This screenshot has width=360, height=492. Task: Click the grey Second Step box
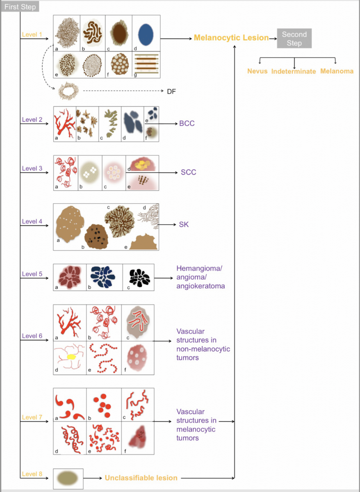click(x=294, y=38)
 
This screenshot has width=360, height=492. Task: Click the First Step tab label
click(x=20, y=7)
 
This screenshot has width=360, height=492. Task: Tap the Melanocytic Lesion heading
click(x=231, y=38)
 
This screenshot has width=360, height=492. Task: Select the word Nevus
click(x=257, y=71)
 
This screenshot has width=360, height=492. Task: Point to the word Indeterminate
click(x=294, y=71)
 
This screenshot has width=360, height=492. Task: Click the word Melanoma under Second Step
click(x=337, y=71)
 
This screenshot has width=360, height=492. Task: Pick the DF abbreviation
click(x=171, y=91)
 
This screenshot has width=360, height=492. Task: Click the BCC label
click(x=187, y=123)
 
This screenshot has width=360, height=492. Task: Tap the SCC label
click(x=189, y=172)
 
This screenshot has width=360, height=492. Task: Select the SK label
click(x=184, y=225)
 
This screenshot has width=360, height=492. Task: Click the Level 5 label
click(x=32, y=274)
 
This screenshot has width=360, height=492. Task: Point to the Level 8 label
click(x=32, y=474)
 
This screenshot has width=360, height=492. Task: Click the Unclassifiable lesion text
click(x=141, y=478)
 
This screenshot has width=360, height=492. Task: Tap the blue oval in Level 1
click(x=146, y=35)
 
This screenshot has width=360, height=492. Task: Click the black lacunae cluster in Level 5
click(x=139, y=278)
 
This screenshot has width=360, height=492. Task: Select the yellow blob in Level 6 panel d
click(x=71, y=357)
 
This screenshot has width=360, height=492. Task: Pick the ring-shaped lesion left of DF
click(x=68, y=91)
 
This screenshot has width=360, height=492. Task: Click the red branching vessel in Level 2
click(x=66, y=123)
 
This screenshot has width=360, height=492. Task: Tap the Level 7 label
click(x=32, y=417)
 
